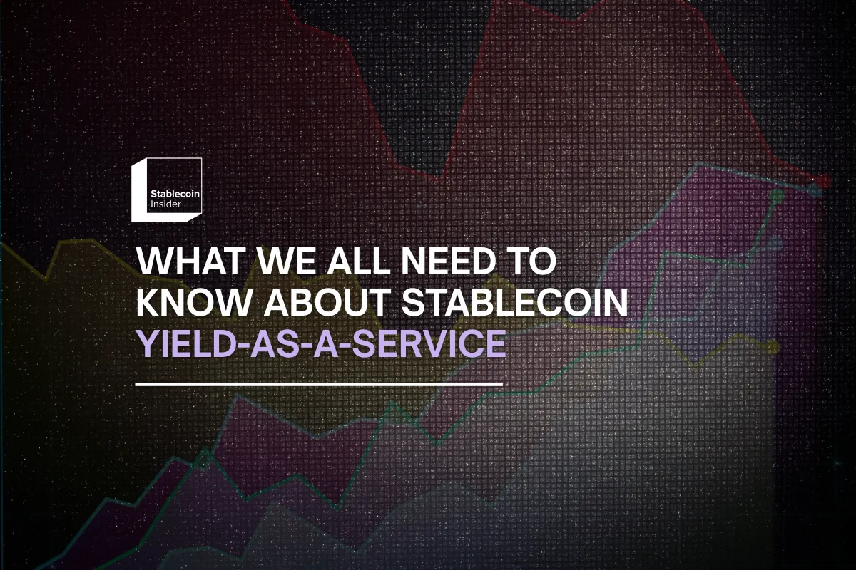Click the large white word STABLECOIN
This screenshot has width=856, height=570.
(x=514, y=304)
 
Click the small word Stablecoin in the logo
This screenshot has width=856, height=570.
(x=173, y=194)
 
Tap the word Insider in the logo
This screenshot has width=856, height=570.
(x=165, y=204)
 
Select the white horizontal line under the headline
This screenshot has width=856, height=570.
(x=319, y=385)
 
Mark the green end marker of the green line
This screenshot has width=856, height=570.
(x=777, y=193)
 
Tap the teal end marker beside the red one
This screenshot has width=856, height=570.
(x=816, y=191)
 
